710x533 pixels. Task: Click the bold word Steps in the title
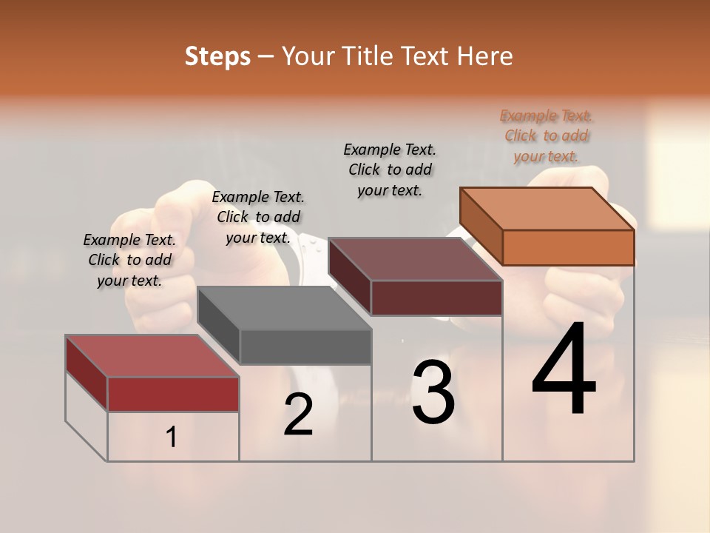[217, 56]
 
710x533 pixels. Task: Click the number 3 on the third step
[433, 392]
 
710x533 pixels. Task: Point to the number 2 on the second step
[298, 415]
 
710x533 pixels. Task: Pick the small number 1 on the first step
[172, 438]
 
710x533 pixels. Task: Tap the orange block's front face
[568, 247]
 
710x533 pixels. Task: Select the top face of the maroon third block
[415, 259]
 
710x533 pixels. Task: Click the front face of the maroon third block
[436, 298]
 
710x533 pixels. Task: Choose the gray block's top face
[284, 308]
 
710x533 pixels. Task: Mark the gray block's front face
[305, 346]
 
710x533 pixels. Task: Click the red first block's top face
[152, 356]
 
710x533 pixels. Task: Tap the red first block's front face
[173, 394]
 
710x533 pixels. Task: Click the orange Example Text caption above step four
[546, 135]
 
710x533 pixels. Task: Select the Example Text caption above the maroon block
[390, 170]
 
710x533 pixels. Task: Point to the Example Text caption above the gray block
[258, 217]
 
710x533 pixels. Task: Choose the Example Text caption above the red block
[129, 260]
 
